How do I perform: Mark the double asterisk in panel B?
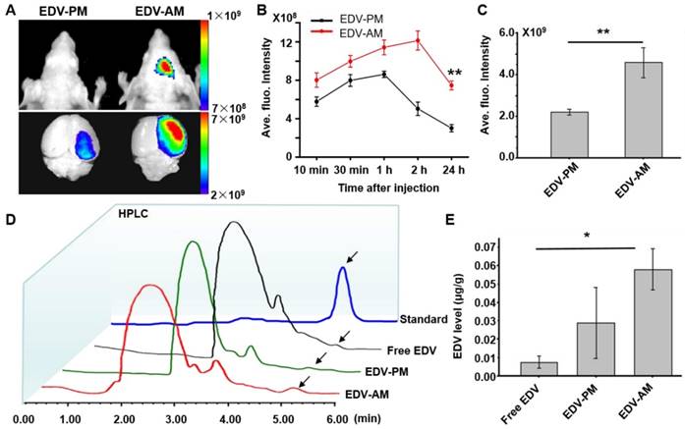coord(455,72)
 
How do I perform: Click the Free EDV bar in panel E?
coord(544,369)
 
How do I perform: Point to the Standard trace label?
coord(425,320)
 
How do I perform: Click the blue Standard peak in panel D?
coord(342,273)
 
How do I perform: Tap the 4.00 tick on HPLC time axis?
coord(233,418)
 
